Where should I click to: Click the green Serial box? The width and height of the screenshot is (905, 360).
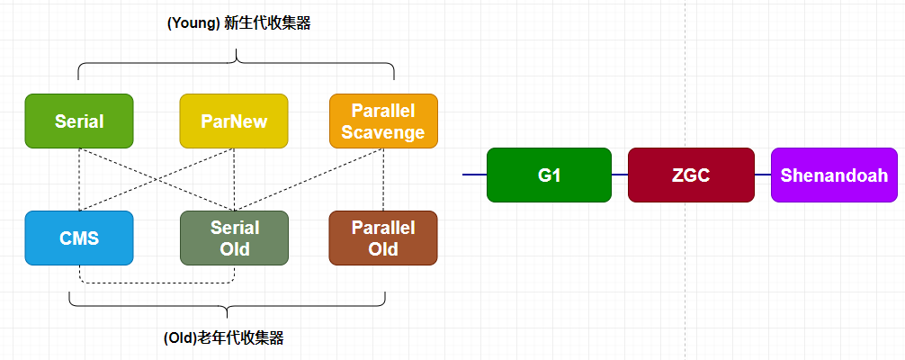click(x=79, y=121)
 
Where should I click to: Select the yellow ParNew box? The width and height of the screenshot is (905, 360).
click(x=234, y=121)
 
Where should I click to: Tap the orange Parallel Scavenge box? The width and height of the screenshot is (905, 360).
click(x=383, y=121)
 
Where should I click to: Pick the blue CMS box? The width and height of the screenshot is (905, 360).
click(x=79, y=238)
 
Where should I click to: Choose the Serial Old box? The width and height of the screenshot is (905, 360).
click(x=234, y=238)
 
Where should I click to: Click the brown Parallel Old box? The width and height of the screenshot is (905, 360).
click(x=383, y=238)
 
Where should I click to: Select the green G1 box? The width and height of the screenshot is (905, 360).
click(x=549, y=175)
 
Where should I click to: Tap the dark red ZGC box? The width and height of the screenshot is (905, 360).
click(x=690, y=175)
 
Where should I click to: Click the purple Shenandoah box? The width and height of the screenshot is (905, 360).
click(x=834, y=175)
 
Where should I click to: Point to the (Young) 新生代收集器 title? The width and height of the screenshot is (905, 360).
click(x=238, y=24)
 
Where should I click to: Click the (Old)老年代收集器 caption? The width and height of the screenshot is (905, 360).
click(x=224, y=338)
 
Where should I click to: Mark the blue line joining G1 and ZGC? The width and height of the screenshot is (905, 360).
click(x=620, y=175)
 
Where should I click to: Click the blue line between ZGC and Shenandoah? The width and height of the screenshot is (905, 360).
click(x=762, y=175)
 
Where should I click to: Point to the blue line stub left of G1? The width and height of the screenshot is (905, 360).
click(x=474, y=175)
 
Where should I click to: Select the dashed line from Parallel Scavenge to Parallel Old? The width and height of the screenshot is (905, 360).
click(x=384, y=180)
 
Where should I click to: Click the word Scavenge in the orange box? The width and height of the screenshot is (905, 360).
click(x=383, y=132)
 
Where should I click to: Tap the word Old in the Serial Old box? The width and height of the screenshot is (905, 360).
click(x=235, y=249)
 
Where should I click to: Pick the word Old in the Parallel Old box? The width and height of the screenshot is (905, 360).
click(x=383, y=249)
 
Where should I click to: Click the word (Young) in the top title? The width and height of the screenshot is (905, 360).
click(x=193, y=24)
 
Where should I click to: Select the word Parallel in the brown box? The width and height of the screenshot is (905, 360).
click(x=383, y=228)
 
